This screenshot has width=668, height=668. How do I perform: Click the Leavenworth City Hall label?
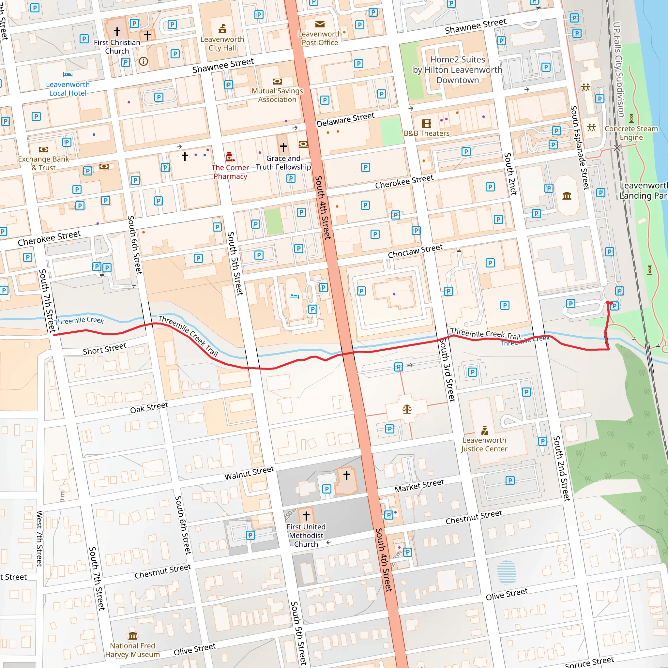222,44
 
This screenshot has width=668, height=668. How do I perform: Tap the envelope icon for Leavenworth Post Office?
320,24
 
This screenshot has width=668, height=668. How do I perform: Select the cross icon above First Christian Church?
117,31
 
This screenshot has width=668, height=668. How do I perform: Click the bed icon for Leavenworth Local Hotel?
68,74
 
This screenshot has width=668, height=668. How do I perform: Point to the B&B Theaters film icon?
427,123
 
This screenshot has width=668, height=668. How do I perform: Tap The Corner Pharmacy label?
230,172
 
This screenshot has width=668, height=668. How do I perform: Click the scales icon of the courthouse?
407,409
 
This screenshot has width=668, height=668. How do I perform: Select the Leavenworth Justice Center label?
484,444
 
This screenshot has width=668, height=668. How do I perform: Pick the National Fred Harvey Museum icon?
133,636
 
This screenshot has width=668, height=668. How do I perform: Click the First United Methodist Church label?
306,535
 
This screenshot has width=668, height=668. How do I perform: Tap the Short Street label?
104,349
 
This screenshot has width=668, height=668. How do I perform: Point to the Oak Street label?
149,408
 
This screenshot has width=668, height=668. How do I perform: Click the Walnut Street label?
249,473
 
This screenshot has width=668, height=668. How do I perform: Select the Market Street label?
419,486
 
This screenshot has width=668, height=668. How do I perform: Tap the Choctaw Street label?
415,251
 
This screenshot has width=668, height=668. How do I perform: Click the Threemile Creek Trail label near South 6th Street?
189,336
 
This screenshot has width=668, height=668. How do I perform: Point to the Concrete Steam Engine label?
631,133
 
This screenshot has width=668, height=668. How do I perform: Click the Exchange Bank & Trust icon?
44,150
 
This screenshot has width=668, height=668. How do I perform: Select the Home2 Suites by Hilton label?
457,70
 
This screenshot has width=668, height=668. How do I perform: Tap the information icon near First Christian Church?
144,62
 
